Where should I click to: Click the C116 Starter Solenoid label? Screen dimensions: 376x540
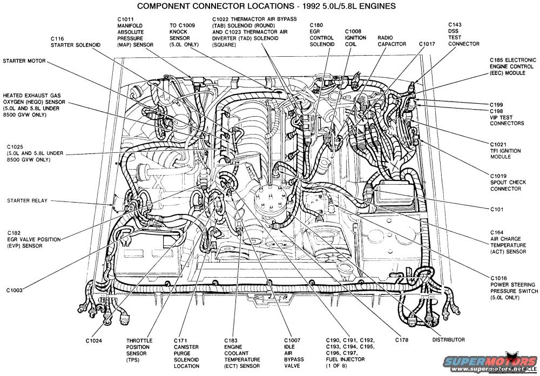point(73,42)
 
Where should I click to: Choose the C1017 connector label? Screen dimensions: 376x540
point(427,43)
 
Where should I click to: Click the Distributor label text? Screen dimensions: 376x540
point(448,340)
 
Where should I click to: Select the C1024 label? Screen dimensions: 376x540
point(94,340)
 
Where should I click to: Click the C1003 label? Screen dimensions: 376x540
point(15,290)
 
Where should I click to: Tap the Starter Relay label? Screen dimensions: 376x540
point(27,200)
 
